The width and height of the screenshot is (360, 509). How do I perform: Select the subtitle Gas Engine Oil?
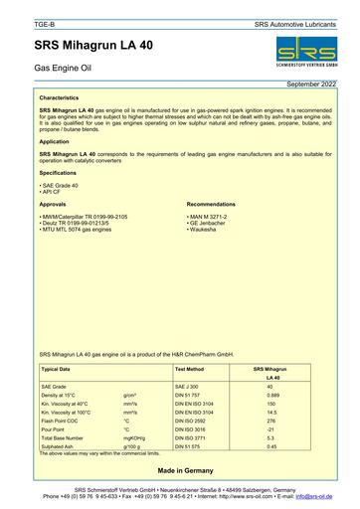coord(64,75)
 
